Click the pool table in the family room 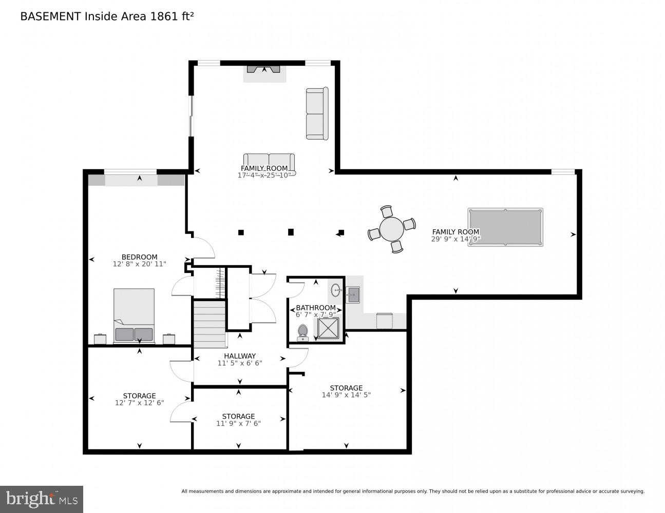(505, 227)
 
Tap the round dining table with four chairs (391, 229)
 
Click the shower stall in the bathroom (328, 328)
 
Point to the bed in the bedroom (134, 315)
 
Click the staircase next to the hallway (210, 324)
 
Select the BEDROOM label (139, 257)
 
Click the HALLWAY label (240, 356)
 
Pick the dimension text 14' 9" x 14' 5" (346, 395)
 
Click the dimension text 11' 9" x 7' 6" (238, 423)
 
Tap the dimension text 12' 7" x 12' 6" (139, 403)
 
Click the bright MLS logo (42, 499)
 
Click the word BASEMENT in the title (50, 16)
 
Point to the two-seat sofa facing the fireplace (269, 163)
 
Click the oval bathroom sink (335, 290)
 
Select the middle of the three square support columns (291, 232)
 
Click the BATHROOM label (315, 308)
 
